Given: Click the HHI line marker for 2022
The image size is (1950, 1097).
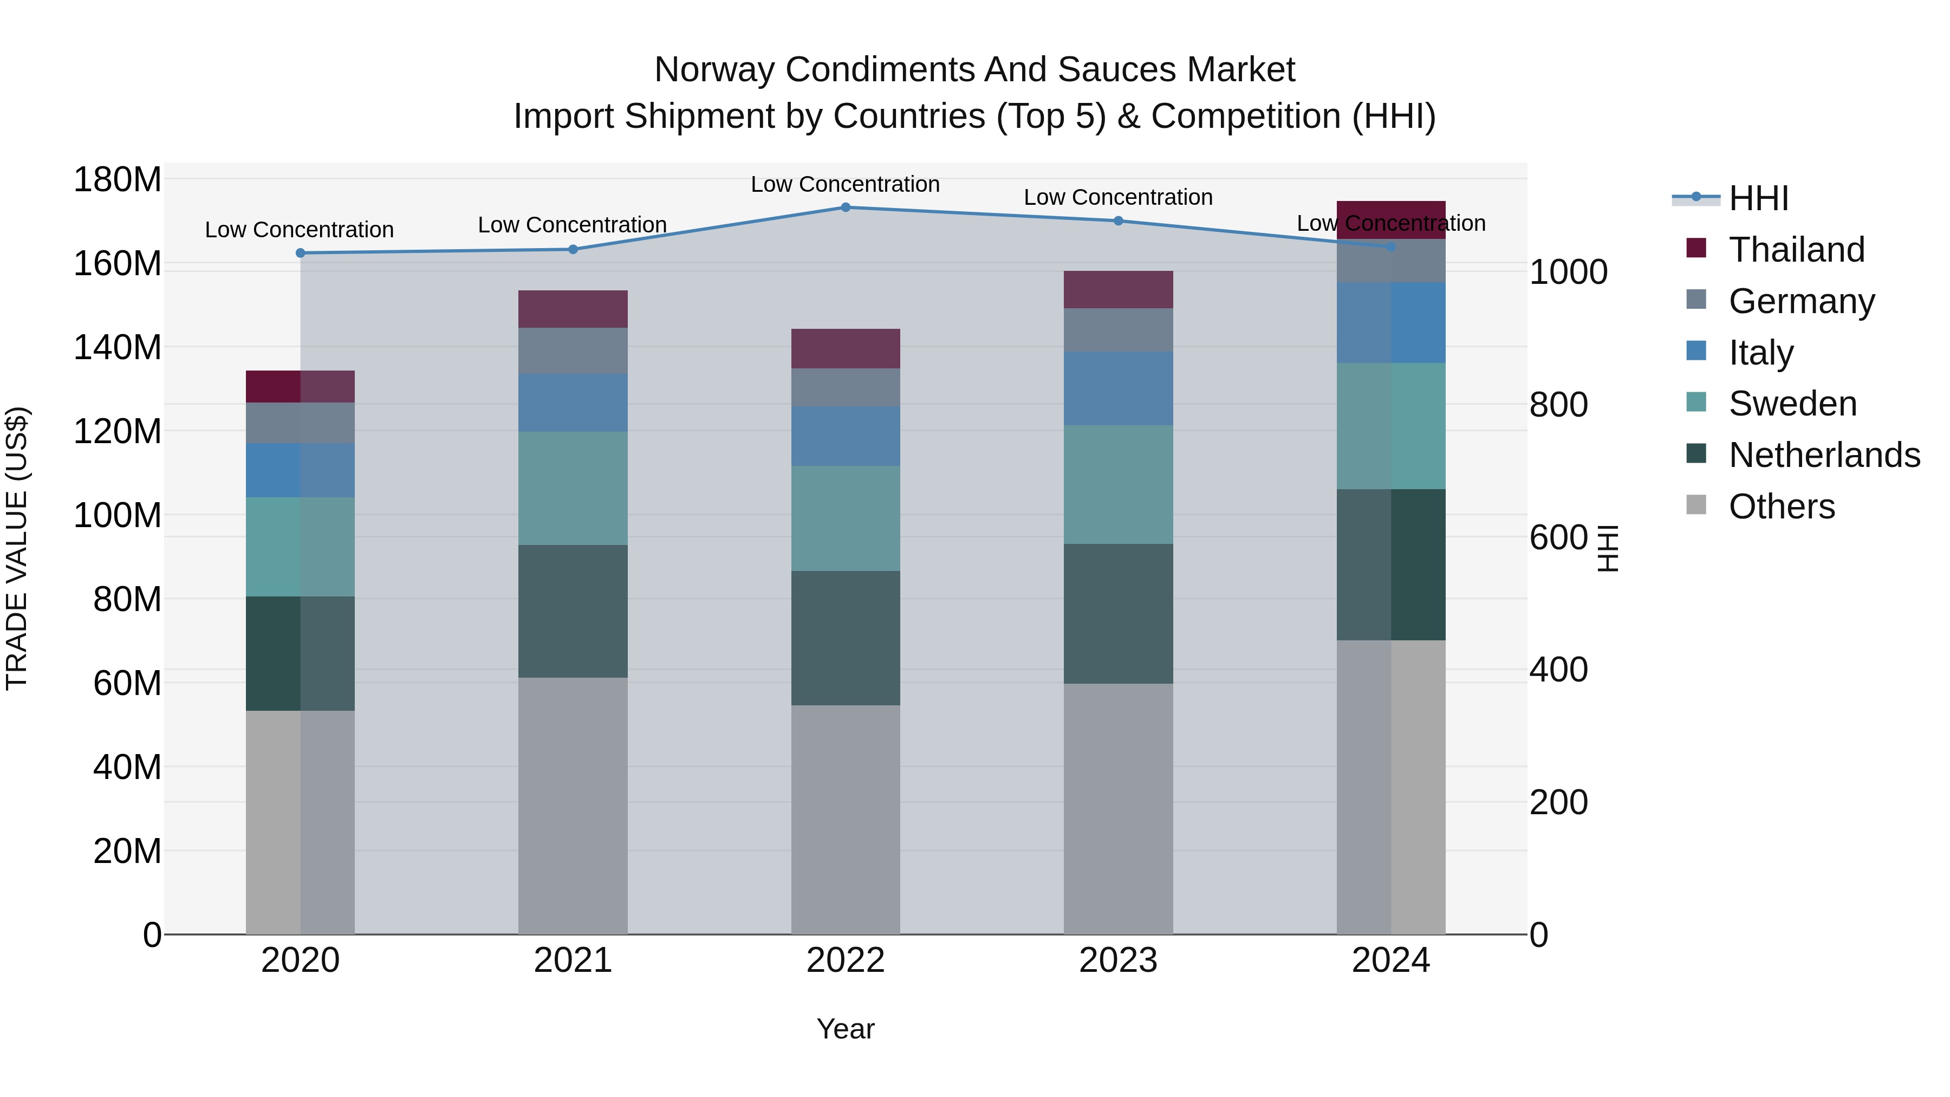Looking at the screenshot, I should [x=846, y=207].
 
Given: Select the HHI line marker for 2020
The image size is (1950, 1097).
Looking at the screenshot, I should [x=301, y=253].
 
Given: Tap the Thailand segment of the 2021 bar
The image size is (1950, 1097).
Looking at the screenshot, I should [x=573, y=309].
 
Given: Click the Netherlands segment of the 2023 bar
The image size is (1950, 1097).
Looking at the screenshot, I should [x=1118, y=614].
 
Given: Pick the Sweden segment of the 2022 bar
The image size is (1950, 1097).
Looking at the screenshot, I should [x=846, y=518].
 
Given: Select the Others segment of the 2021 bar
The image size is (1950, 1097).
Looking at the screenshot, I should [x=573, y=806].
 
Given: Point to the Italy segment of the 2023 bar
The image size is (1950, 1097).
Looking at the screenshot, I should [x=1118, y=388].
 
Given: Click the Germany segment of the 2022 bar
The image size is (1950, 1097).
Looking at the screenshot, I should [x=846, y=388].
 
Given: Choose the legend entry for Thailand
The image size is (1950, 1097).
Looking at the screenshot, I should [x=1796, y=250].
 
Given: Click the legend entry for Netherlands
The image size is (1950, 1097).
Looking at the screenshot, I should [x=1824, y=455].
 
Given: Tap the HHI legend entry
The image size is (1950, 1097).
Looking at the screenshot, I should [x=1758, y=198].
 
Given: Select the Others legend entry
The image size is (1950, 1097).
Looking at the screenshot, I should [x=1781, y=507].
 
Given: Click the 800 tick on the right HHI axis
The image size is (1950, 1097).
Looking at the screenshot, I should [x=1558, y=405].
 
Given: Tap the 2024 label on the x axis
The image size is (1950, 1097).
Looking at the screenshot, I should [x=1390, y=960].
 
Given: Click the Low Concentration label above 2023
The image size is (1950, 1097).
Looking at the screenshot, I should [x=1118, y=198].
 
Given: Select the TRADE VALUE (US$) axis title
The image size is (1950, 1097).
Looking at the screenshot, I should [x=17, y=548].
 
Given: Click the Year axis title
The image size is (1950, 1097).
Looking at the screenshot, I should [x=846, y=1029].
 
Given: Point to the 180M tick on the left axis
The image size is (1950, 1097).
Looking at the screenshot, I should [x=118, y=180].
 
